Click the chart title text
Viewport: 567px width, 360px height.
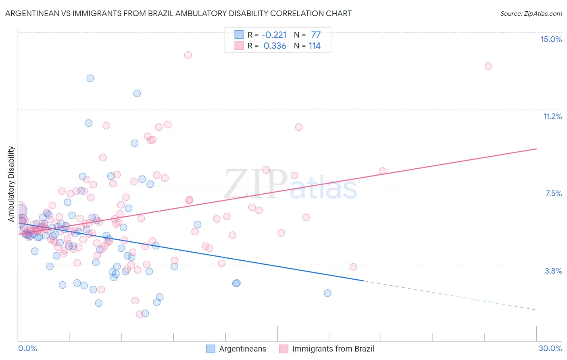[x=178, y=13]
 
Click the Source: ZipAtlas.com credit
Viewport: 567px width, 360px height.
[x=531, y=13]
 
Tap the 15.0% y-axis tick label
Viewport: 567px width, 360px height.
[x=551, y=39]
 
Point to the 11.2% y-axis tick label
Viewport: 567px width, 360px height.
[x=552, y=116]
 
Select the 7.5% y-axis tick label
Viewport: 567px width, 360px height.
[x=553, y=193]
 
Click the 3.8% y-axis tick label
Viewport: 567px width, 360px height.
[x=553, y=271]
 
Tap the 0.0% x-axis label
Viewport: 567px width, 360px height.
[x=27, y=348]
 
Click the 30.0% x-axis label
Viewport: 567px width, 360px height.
[x=550, y=348]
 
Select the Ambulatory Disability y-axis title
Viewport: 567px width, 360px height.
[x=11, y=184]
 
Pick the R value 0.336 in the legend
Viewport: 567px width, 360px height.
[x=275, y=46]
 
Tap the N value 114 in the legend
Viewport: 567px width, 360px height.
[x=315, y=46]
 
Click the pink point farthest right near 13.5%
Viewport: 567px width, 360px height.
[x=488, y=66]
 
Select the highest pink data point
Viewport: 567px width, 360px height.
[x=188, y=55]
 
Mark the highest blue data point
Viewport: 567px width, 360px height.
[x=90, y=78]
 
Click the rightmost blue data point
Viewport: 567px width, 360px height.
[x=327, y=293]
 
